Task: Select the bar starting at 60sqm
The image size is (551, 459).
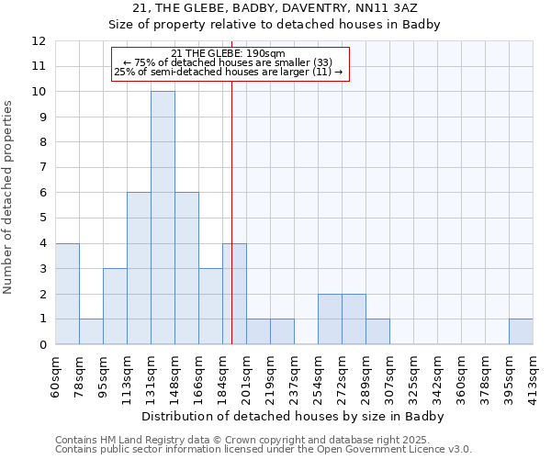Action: (67, 294)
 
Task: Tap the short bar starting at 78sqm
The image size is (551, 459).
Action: (91, 331)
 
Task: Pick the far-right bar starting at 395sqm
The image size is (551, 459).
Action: (521, 331)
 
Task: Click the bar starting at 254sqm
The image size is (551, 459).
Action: (330, 319)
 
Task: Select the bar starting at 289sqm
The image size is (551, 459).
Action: (377, 331)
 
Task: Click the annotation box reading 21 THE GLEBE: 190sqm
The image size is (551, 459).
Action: (231, 64)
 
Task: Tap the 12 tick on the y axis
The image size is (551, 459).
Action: (39, 41)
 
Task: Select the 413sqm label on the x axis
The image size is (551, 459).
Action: (533, 376)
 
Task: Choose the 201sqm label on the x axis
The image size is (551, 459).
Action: (246, 376)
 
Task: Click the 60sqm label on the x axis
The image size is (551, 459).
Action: (56, 376)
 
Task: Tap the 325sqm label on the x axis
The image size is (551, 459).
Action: (413, 376)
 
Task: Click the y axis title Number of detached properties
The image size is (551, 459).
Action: (9, 197)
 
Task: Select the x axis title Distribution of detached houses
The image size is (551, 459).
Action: (294, 416)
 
